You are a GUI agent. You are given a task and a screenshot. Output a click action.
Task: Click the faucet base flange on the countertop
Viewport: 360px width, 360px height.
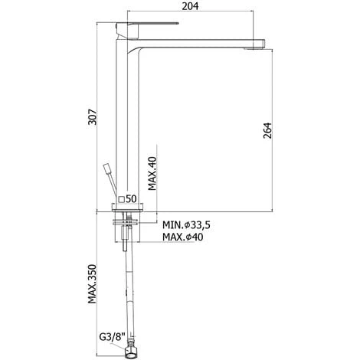click(126, 208)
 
